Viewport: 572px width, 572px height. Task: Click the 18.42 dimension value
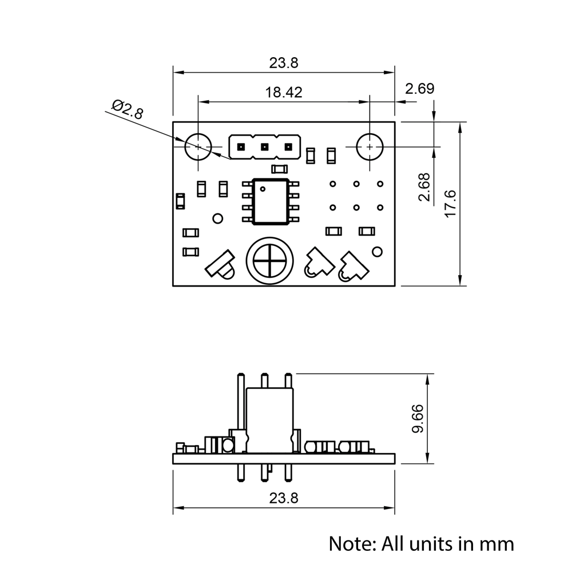click(284, 92)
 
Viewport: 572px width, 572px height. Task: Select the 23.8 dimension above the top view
click(284, 63)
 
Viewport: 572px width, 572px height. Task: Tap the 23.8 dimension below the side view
click(284, 498)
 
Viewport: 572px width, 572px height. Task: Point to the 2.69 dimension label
click(419, 89)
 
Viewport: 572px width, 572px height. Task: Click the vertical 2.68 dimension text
click(424, 187)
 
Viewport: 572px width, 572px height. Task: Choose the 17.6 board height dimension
click(450, 204)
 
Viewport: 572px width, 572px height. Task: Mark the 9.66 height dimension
click(418, 419)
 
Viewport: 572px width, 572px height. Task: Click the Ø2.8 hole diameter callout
click(127, 109)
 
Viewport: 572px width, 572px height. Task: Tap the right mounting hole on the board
click(370, 146)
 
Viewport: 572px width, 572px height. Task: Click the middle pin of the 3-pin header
click(265, 147)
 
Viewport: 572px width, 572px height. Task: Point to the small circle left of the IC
click(217, 219)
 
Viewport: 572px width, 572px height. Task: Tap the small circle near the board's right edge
click(377, 252)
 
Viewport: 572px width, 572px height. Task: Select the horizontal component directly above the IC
click(279, 168)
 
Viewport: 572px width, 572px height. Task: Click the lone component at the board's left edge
click(180, 201)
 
